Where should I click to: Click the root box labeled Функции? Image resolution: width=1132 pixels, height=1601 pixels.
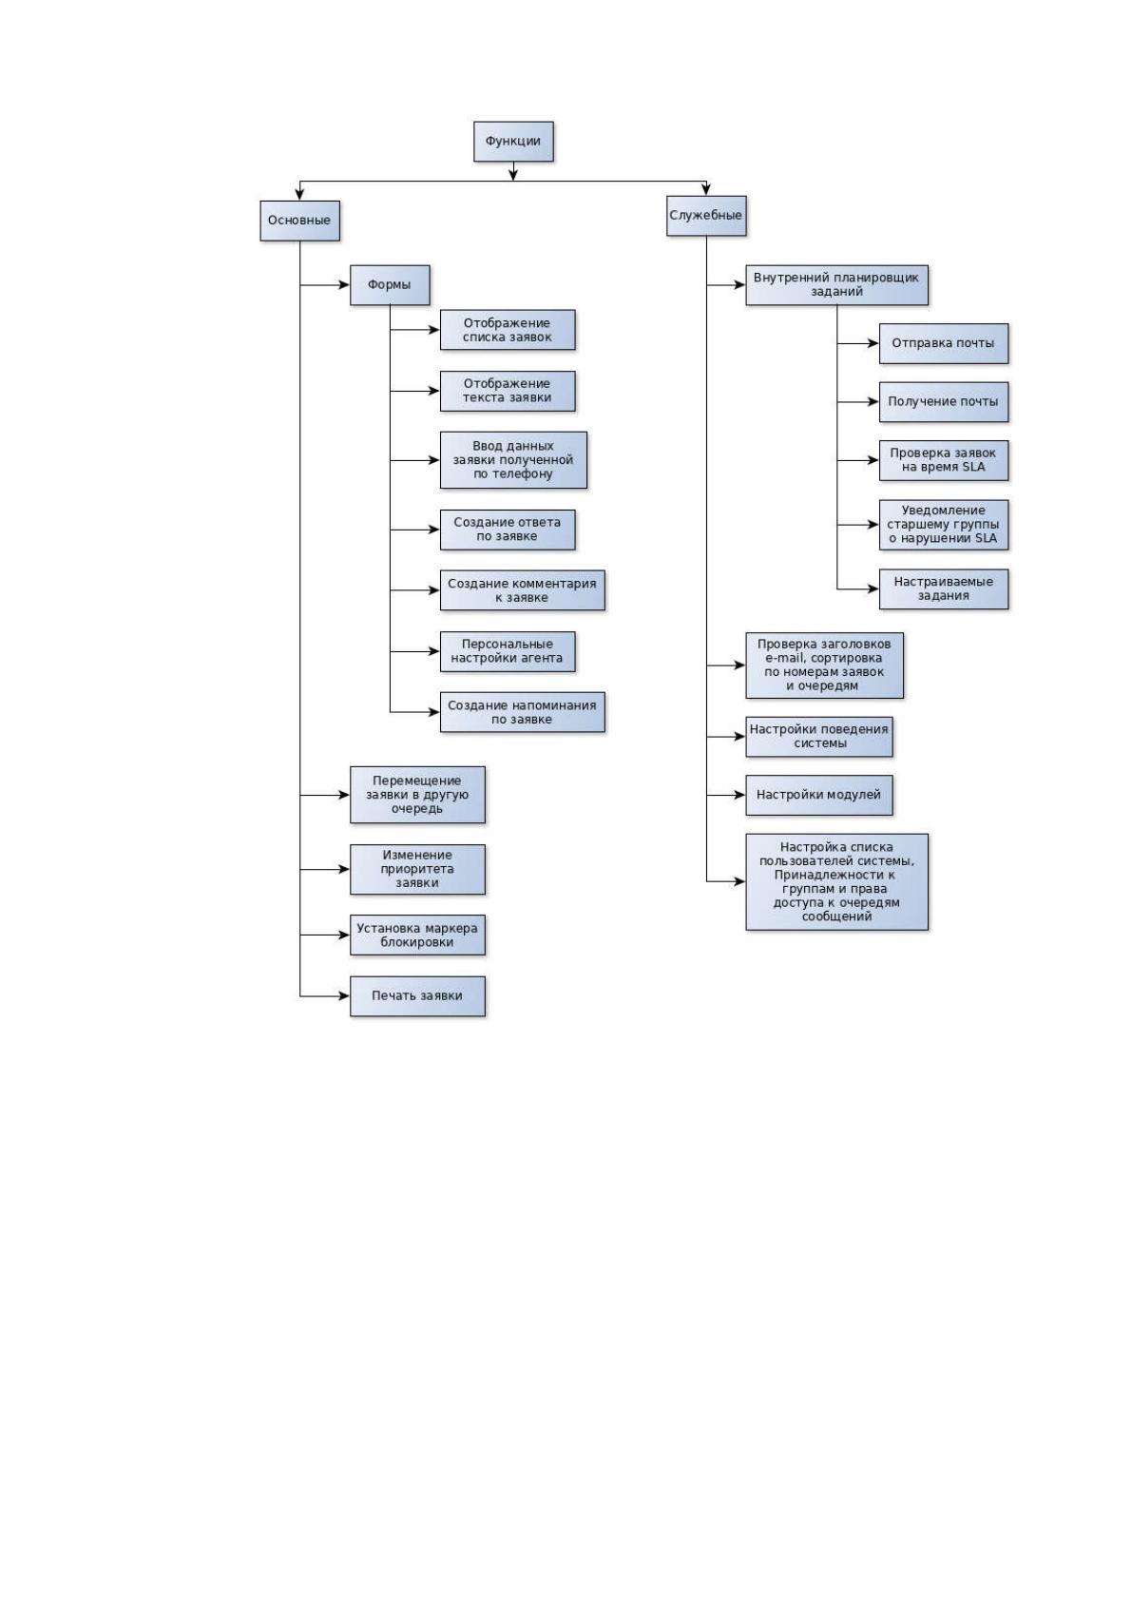coord(513,142)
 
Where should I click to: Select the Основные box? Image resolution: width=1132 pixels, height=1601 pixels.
coord(299,221)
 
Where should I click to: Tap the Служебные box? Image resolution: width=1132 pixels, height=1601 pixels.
coord(706,216)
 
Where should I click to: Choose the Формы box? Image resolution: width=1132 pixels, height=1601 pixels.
coord(390,285)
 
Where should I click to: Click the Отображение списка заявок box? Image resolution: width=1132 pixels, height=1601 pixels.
coord(508,330)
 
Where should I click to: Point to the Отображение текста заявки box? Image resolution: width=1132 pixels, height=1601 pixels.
coord(508,391)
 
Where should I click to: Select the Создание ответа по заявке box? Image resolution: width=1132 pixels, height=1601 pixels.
coord(508,530)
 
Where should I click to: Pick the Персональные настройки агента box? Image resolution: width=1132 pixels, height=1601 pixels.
coord(508,651)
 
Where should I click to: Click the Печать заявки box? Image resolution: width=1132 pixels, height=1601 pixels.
coord(417,996)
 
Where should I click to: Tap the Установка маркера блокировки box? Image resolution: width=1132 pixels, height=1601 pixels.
coord(417,935)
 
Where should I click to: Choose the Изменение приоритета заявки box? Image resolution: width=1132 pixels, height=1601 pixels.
coord(417,869)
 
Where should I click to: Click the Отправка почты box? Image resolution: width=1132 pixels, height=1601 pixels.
coord(943,344)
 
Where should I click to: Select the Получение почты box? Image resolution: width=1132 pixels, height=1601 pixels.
coord(943,402)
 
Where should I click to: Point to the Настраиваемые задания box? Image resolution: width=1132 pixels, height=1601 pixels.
coord(943,588)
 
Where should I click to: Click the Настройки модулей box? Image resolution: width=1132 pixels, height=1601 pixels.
coord(819,795)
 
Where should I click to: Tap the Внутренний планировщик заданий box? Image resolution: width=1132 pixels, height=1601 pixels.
coord(836,285)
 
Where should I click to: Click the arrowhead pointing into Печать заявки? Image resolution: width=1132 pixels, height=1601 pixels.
coord(344,996)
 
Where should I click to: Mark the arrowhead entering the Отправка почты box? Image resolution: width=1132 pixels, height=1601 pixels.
coord(873,344)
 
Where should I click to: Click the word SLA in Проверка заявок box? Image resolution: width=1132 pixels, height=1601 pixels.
coord(972,468)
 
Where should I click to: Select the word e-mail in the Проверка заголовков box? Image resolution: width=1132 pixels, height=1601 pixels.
coord(784,658)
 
